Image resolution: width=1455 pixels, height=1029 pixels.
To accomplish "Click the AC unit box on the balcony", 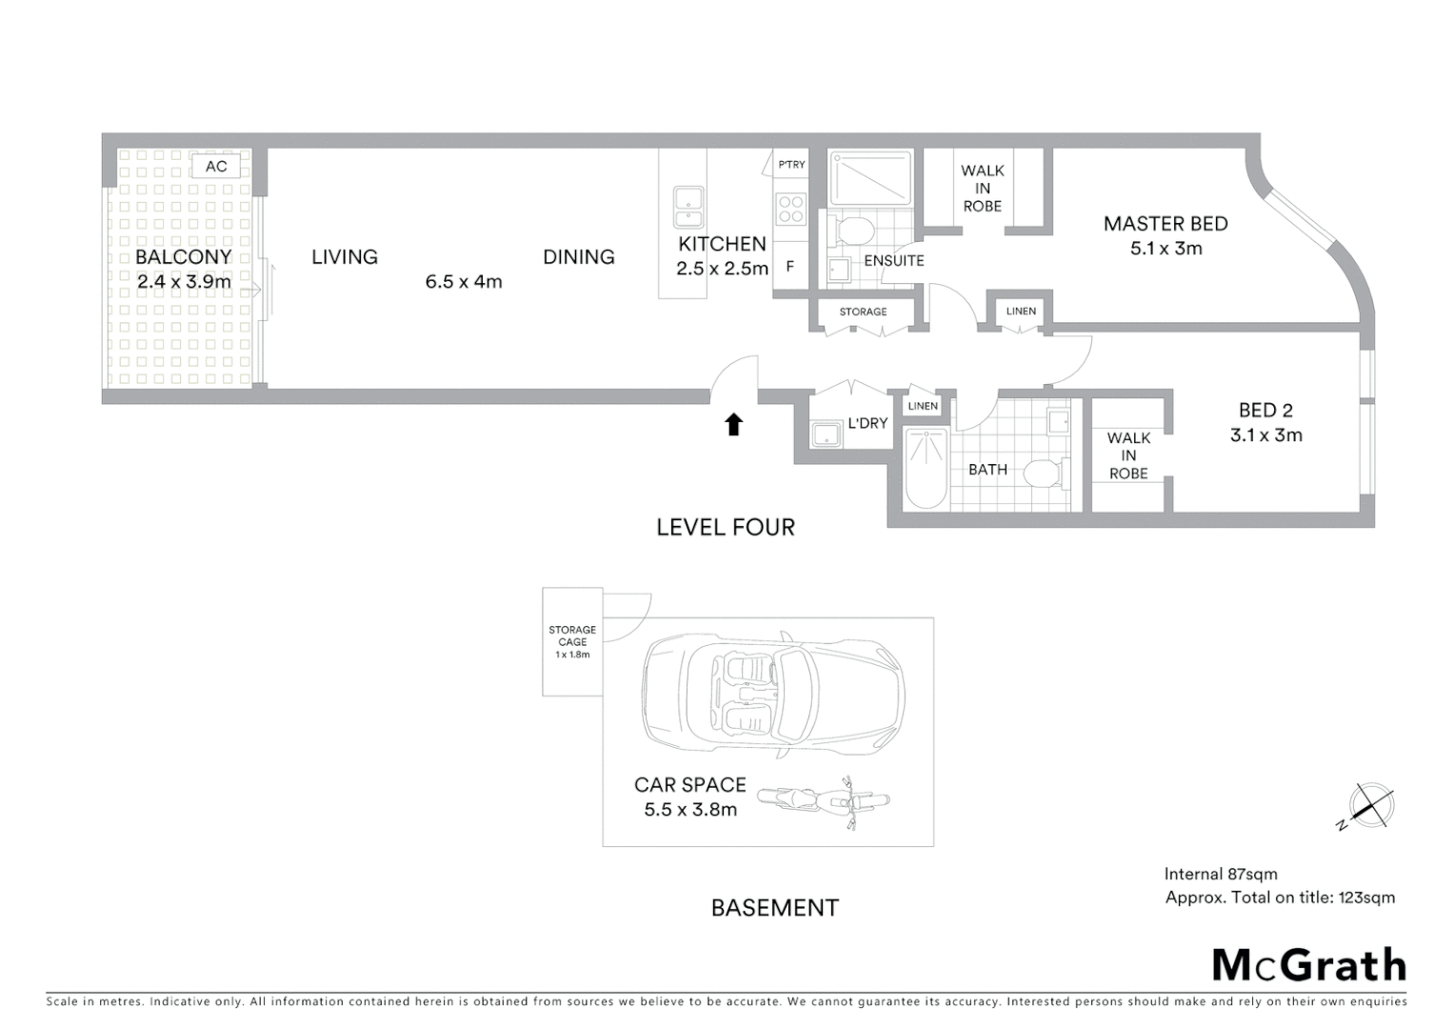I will point(216,167).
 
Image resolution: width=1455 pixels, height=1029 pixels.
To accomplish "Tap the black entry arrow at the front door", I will point(733,424).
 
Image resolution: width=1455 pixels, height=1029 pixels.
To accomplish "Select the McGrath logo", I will point(1309,965).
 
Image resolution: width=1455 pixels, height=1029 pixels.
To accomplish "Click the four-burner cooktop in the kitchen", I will point(791,209).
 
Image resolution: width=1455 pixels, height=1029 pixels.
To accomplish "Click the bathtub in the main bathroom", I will point(926,469).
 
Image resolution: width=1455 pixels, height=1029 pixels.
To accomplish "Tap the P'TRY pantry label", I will point(791,165).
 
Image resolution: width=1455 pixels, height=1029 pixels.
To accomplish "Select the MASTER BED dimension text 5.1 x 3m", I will point(1166,249).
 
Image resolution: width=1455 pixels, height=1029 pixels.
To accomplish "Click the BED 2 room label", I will point(1266,411).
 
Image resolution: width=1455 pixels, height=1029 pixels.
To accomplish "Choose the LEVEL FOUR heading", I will point(726,527).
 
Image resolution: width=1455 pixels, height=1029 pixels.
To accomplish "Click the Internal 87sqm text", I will point(1221,874).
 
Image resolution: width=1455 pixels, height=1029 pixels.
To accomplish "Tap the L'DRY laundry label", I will point(867,423).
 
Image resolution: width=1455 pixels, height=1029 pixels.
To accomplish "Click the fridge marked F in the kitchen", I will point(790,268).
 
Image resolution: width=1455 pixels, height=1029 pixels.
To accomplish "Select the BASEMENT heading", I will point(775,908).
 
